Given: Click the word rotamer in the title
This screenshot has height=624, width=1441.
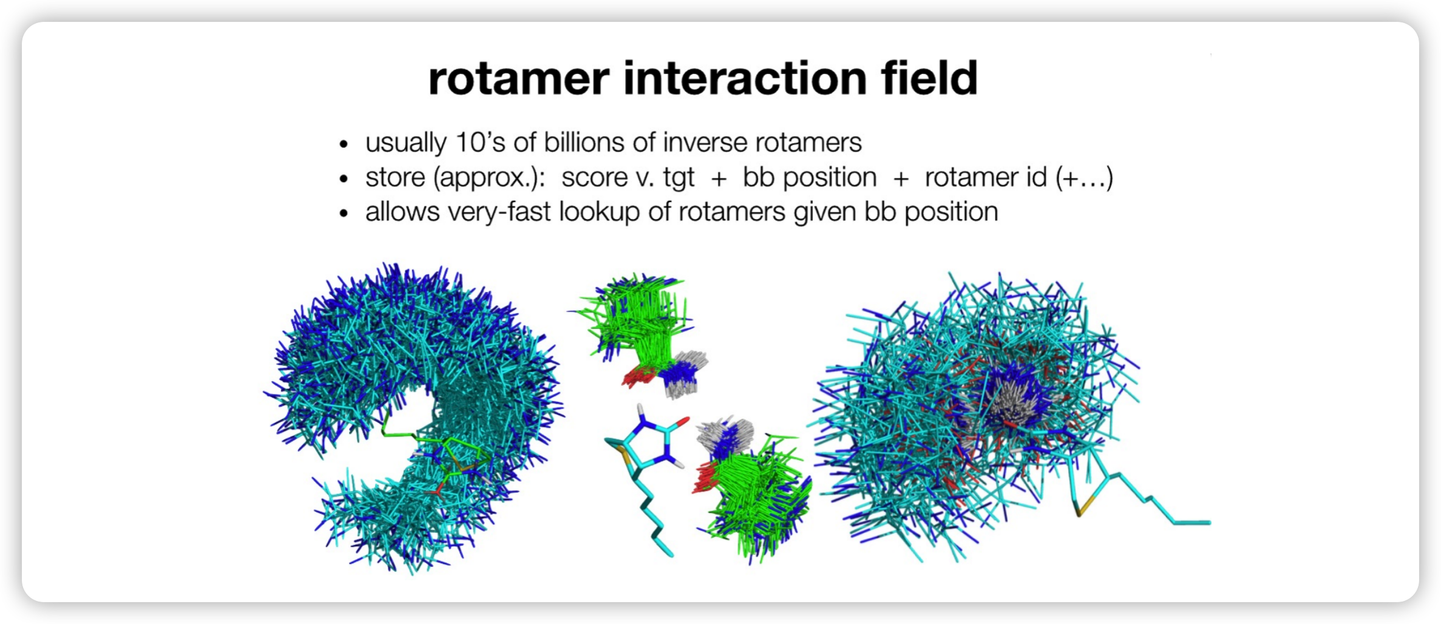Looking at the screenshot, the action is point(519,80).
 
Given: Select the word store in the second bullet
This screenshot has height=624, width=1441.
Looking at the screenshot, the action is point(395,178).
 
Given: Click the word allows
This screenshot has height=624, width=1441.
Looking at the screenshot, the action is point(402,212).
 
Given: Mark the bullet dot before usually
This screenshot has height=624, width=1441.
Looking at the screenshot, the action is point(344,144).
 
